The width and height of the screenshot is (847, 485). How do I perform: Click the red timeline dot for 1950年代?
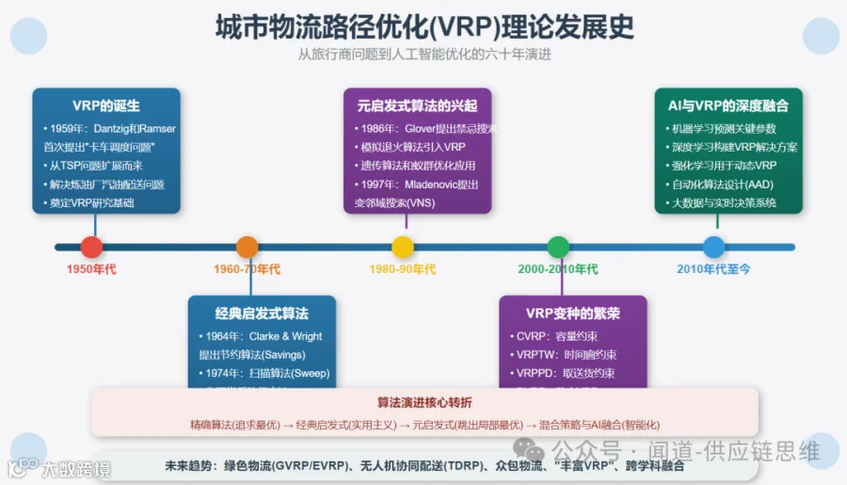pos(91,247)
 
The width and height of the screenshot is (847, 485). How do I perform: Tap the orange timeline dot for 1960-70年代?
pos(247,247)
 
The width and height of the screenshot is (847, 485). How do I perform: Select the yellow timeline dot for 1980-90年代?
pos(403,247)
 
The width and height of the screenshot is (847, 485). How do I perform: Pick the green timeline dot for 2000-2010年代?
pos(558,247)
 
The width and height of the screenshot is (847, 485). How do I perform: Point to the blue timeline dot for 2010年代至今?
pos(713,247)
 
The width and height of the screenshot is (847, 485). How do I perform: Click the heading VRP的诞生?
pos(106,105)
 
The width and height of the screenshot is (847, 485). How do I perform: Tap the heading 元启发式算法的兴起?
pos(416,105)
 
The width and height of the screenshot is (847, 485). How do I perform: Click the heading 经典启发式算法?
pos(262,313)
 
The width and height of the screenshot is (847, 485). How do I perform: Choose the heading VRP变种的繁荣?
pos(572,313)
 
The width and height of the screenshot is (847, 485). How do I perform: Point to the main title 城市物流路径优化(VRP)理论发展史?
pos(424,24)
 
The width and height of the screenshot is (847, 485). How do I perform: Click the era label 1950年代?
pos(91,269)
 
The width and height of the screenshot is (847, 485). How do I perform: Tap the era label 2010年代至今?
pos(713,269)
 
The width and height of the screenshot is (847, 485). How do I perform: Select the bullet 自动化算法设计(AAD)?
pos(719,184)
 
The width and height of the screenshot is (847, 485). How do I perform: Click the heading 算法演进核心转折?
pos(424,402)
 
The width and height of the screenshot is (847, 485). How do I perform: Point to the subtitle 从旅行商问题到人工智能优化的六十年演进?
pos(424,54)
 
